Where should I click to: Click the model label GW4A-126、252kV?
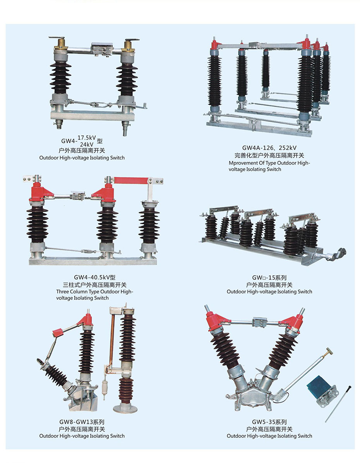[269, 147]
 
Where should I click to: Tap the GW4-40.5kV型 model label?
[94, 277]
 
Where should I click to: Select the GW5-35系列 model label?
[269, 422]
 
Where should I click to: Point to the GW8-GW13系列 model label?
[82, 422]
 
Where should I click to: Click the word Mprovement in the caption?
[243, 163]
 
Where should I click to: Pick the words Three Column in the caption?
[72, 292]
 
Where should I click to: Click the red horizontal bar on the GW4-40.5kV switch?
[131, 180]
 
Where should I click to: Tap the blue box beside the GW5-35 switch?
[317, 384]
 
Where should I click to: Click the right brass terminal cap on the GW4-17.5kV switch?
[129, 45]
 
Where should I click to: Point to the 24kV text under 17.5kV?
[87, 144]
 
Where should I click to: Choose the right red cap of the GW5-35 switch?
[292, 322]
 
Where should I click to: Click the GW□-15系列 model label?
[269, 278]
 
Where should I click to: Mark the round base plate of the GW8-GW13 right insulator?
[125, 409]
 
